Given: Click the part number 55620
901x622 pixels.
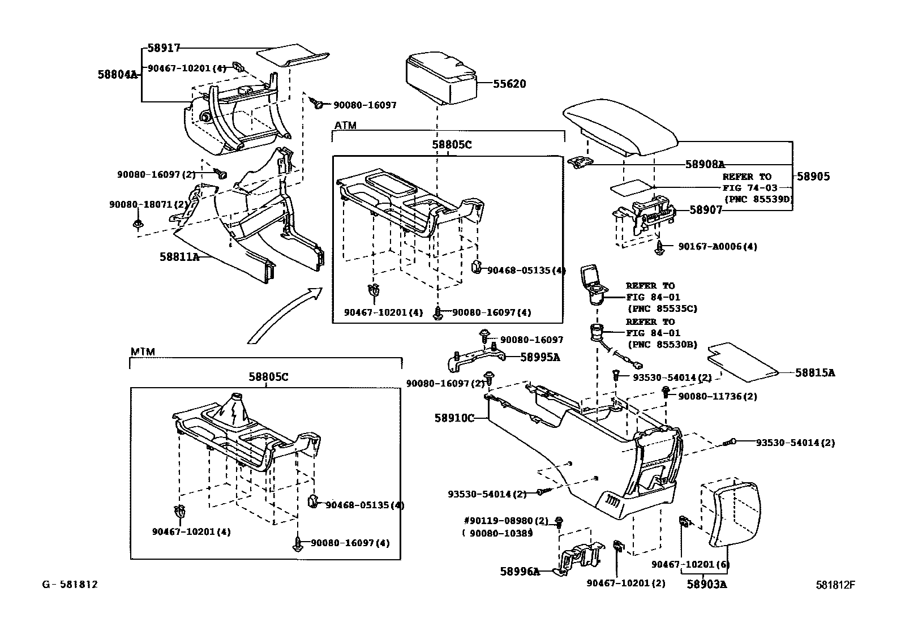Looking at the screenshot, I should [x=509, y=84].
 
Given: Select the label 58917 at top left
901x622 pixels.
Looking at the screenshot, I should [x=164, y=49].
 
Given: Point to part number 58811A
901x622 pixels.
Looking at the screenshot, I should [x=179, y=257].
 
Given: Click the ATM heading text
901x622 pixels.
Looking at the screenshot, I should [x=345, y=125].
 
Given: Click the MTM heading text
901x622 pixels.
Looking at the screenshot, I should [x=143, y=351].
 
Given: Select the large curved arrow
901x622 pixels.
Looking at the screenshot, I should [x=283, y=314].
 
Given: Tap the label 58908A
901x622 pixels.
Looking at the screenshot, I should [x=705, y=164].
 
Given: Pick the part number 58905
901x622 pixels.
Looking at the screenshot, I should [x=813, y=177].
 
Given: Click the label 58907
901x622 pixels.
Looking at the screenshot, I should [x=706, y=209].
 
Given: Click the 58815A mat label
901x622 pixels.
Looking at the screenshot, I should [x=814, y=372].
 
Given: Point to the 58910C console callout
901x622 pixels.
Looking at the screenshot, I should [x=454, y=418].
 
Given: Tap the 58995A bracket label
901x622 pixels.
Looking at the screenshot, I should [x=539, y=357].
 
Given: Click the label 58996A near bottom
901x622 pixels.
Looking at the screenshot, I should [x=520, y=572].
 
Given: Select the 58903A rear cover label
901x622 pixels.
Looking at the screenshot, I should [x=707, y=584].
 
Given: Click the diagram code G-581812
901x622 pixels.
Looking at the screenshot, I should [x=70, y=584].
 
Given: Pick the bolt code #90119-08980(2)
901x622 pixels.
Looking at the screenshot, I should [x=506, y=521].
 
